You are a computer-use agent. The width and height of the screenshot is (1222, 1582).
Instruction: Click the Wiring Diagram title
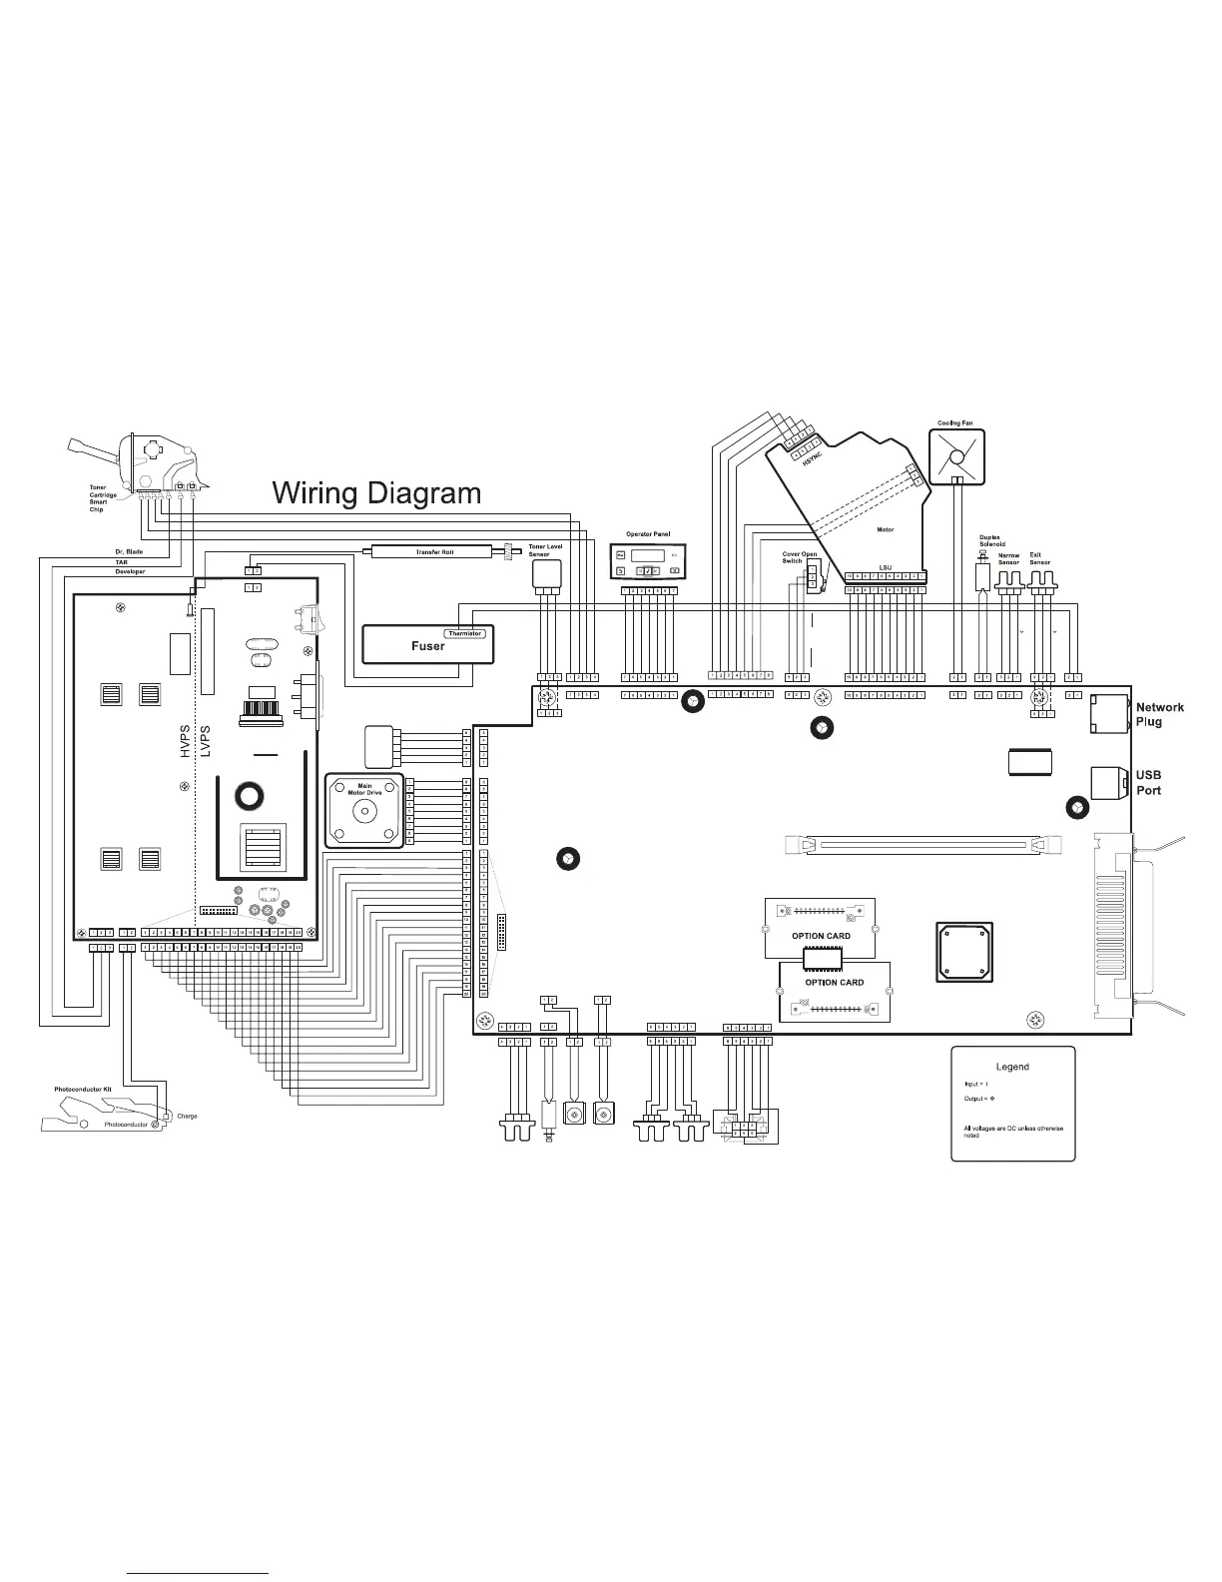[376, 493]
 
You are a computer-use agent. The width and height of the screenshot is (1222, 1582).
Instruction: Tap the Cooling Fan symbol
[956, 456]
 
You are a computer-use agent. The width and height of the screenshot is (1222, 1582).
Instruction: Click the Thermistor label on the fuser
[464, 633]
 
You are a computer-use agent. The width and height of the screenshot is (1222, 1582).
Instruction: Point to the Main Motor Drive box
[364, 810]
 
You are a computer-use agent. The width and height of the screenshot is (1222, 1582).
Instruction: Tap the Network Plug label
[1159, 714]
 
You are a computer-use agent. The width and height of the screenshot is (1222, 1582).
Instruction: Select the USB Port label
[1148, 782]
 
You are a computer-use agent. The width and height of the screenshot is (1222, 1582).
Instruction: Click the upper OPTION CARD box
[820, 928]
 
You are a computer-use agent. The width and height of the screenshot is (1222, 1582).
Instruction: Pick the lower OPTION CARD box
[835, 991]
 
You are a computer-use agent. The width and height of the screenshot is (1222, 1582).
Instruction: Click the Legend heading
[1012, 1067]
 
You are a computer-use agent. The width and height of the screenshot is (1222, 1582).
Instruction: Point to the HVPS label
[185, 740]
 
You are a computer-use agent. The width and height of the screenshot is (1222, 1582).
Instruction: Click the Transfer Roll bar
[434, 551]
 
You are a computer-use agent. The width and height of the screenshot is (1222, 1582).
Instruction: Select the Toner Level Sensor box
[546, 573]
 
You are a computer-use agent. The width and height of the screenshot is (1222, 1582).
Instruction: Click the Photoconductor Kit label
[82, 1089]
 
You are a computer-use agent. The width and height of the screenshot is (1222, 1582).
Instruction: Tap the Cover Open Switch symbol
[813, 576]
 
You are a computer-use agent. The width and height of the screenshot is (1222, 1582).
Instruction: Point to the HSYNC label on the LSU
[810, 461]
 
